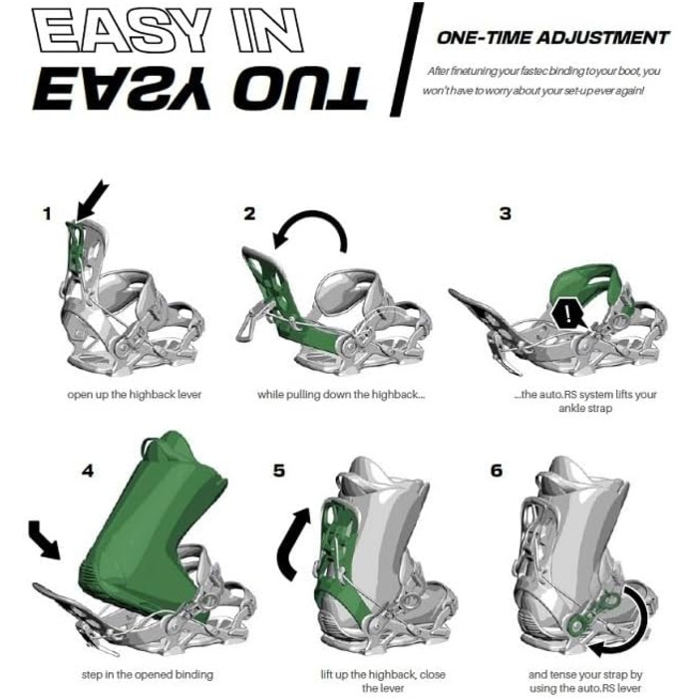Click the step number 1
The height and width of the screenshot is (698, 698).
pyautogui.click(x=47, y=214)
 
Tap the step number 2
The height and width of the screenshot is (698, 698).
pyautogui.click(x=249, y=213)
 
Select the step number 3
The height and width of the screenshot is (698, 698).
pyautogui.click(x=506, y=213)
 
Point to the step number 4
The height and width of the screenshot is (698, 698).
pyautogui.click(x=88, y=471)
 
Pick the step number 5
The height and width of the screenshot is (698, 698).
pyautogui.click(x=279, y=471)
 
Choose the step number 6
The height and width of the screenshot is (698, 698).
pyautogui.click(x=497, y=471)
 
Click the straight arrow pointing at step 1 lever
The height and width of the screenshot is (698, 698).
pyautogui.click(x=92, y=200)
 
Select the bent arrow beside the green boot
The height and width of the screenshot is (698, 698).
pyautogui.click(x=44, y=539)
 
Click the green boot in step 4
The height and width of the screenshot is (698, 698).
pyautogui.click(x=152, y=525)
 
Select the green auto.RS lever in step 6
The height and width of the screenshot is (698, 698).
pyautogui.click(x=592, y=613)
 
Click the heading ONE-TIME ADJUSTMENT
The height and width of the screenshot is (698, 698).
pyautogui.click(x=553, y=38)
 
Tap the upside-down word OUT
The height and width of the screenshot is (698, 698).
pyautogui.click(x=299, y=90)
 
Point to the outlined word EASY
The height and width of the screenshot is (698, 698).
pyautogui.click(x=121, y=30)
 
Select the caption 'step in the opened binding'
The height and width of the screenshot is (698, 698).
pyautogui.click(x=148, y=675)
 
